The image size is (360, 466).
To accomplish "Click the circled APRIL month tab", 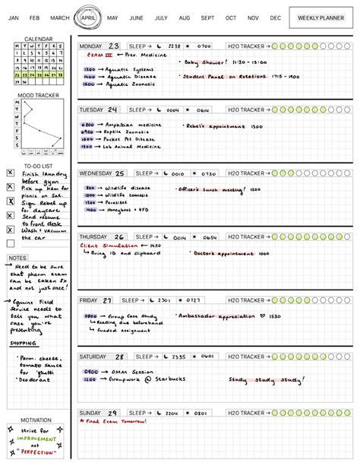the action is coord(87,17).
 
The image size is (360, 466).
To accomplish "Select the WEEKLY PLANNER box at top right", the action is coord(321,17).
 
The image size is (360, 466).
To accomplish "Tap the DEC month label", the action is coord(275,17).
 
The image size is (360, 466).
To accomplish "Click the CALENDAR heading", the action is coord(39,38).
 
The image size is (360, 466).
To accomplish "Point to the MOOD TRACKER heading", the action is coord(38,96).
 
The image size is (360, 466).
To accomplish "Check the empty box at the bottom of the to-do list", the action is coord(10,243).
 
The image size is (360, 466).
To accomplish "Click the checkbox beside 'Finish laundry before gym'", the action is coord(10,173).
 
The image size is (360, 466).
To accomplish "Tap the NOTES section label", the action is coord(17,258).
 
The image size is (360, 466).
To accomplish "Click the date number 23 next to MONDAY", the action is coord(114,46).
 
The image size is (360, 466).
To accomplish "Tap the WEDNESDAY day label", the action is coord(96,173).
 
